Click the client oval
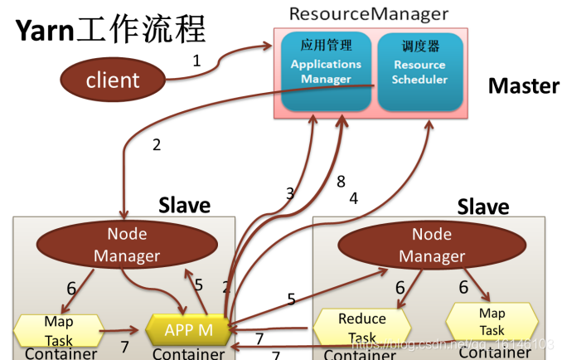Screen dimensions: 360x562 [x=113, y=80]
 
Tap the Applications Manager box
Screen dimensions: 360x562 [x=326, y=72]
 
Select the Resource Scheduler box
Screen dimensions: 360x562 [x=419, y=72]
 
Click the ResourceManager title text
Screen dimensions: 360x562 [x=368, y=14]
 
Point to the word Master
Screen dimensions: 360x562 [x=523, y=85]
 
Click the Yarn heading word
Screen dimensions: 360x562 [x=43, y=32]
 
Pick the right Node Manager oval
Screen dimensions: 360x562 [x=432, y=245]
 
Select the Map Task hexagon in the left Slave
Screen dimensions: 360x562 [x=58, y=330]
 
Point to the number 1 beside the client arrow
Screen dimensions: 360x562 [x=196, y=60]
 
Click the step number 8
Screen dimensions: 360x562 [x=341, y=182]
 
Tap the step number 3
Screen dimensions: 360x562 [x=290, y=193]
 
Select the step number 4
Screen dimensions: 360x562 [x=353, y=198]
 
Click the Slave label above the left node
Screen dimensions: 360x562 [x=184, y=204]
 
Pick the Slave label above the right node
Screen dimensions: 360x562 [x=483, y=206]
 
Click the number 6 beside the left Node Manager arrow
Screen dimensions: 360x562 [x=71, y=288]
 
